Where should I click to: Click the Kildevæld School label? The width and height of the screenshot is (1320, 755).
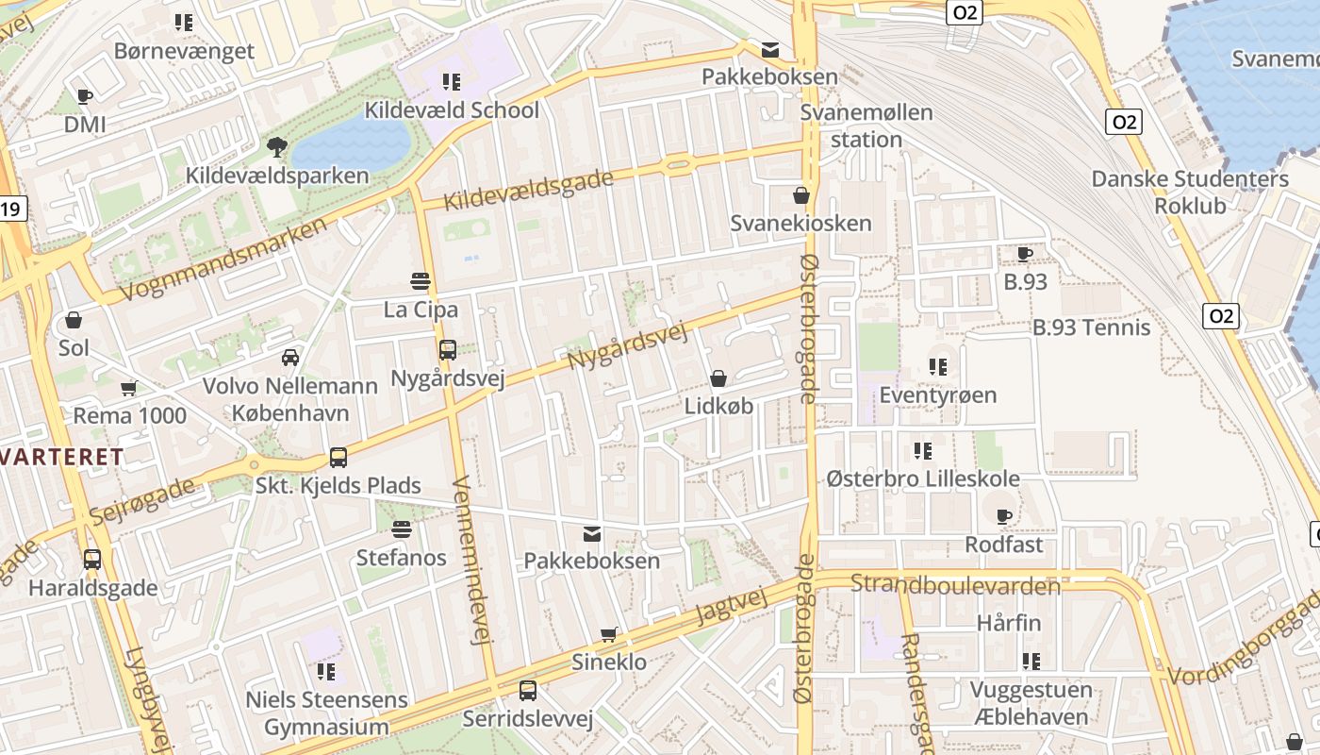point(453,110)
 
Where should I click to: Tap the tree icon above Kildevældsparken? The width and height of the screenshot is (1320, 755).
point(276,147)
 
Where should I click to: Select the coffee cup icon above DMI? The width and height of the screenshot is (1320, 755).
point(84,96)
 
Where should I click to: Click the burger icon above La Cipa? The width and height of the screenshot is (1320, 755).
point(421,281)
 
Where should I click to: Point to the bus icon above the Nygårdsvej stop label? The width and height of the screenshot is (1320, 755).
point(447,350)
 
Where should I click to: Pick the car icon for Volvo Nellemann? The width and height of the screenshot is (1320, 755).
point(290,358)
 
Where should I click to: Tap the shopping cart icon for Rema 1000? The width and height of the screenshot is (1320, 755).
point(129,388)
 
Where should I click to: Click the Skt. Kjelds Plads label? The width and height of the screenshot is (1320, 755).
point(338,486)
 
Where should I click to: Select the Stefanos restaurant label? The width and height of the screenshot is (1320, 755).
point(402,558)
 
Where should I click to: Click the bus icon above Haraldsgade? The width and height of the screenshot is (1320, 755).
point(92,560)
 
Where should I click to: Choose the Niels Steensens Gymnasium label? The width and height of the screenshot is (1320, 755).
point(326,713)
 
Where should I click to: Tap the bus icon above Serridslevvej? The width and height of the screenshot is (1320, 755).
point(528,691)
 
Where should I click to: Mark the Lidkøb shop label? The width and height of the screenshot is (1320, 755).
point(718,407)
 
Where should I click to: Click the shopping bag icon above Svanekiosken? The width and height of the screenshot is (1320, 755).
point(801,195)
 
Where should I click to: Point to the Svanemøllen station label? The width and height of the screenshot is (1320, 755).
point(866,126)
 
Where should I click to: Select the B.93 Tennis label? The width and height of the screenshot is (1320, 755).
point(1092,328)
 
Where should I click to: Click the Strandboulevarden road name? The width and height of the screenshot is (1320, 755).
point(955,586)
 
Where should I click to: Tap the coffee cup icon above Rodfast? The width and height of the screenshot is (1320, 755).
point(1004,516)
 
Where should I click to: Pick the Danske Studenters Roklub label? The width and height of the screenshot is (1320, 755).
point(1190,193)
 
